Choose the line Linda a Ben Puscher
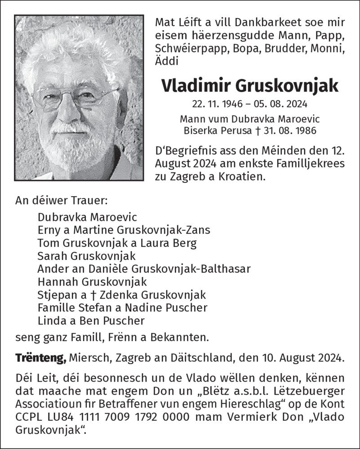tap(91, 321)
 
